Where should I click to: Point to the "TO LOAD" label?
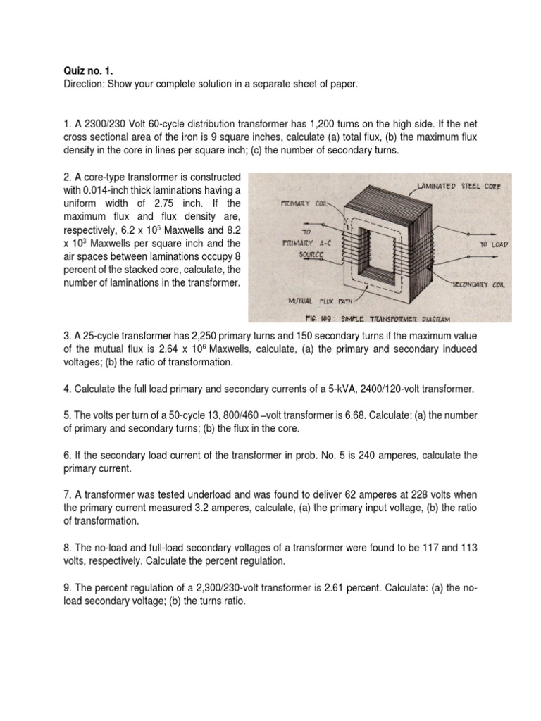(x=493, y=244)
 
